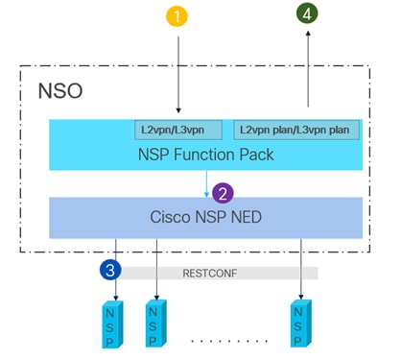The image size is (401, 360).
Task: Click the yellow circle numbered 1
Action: click(177, 16)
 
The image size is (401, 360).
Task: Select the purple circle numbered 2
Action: click(224, 193)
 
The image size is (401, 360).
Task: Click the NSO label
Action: click(59, 92)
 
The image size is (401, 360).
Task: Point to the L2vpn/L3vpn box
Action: click(177, 128)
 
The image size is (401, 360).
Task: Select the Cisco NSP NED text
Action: click(205, 217)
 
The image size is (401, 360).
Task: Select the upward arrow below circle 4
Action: click(307, 72)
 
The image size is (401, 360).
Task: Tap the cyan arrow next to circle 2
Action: click(205, 184)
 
